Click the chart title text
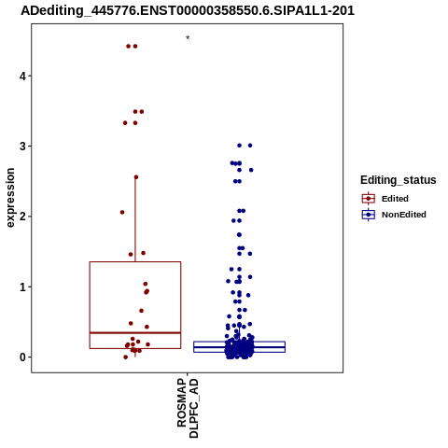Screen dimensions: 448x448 (188, 10)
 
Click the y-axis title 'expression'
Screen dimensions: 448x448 (10, 198)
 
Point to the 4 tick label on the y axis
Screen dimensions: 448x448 (22, 76)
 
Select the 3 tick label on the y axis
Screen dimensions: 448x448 (22, 147)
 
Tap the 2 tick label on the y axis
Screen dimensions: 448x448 (22, 217)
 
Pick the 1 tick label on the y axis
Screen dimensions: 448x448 (22, 287)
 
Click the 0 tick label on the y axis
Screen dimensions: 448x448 (22, 357)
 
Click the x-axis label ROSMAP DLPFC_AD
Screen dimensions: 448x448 (188, 408)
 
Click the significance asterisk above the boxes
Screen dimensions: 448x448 (188, 38)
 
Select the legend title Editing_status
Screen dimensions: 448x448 (398, 180)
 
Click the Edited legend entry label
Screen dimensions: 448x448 (395, 199)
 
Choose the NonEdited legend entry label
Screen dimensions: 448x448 (404, 215)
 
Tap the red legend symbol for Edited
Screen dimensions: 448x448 (369, 198)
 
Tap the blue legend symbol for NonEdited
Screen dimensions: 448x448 (369, 215)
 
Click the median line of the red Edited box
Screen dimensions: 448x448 (135, 333)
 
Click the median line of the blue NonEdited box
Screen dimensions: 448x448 (239, 347)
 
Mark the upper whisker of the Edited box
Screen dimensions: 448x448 (135, 219)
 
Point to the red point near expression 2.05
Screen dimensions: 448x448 (122, 212)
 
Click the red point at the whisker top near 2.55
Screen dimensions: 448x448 (136, 177)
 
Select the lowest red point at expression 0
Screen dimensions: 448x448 (125, 357)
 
